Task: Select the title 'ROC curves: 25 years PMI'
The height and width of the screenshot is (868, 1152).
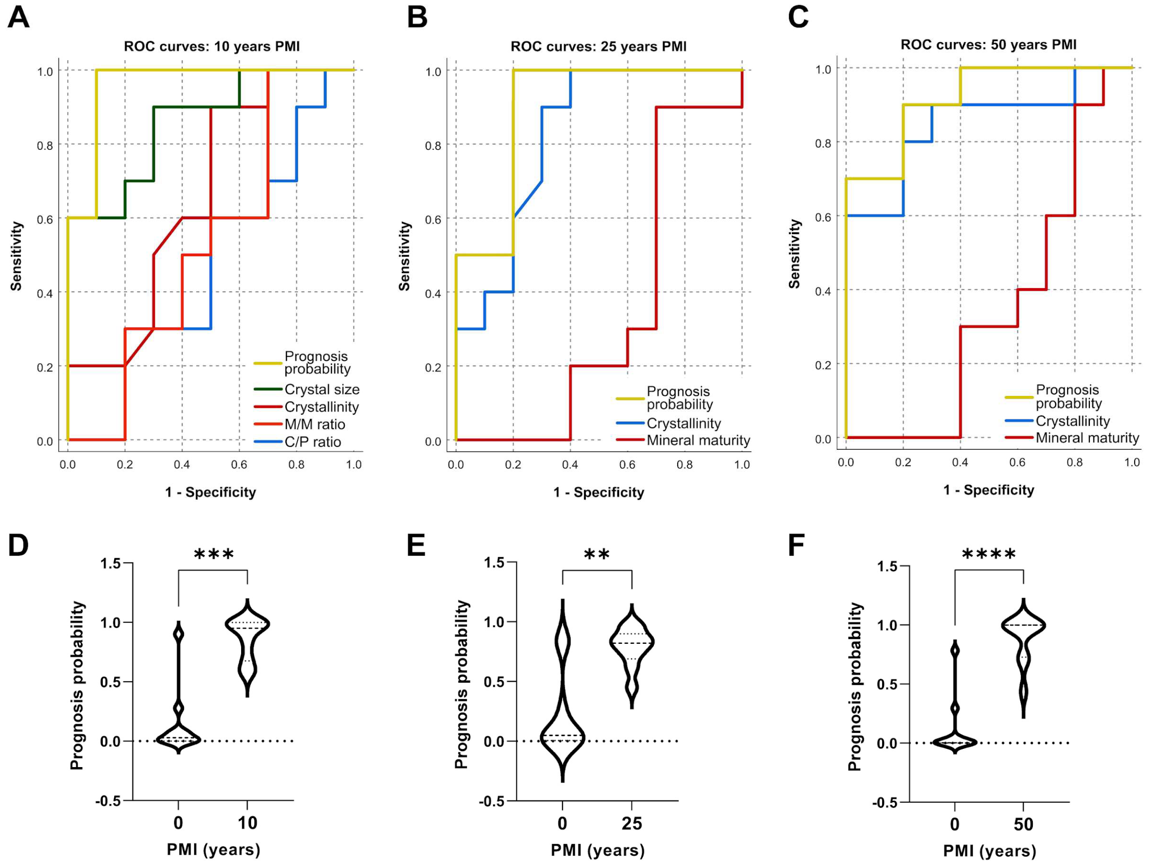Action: [599, 46]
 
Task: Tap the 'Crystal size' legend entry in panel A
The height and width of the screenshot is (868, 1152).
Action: [322, 389]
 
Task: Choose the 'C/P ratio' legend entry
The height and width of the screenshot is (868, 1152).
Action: [312, 442]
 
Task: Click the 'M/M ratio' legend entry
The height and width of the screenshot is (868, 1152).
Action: [315, 424]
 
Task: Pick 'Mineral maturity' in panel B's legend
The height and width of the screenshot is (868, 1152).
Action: [698, 441]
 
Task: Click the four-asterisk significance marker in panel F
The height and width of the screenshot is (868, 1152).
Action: [989, 554]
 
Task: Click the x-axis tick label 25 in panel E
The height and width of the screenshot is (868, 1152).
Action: [632, 823]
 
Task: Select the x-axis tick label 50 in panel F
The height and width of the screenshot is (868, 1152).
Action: [1023, 824]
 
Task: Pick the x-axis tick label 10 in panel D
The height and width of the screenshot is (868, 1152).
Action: [247, 823]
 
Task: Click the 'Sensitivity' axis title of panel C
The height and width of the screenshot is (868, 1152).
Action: [794, 253]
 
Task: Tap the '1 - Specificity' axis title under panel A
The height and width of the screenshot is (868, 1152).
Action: [210, 492]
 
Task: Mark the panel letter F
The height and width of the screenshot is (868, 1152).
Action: [797, 545]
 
